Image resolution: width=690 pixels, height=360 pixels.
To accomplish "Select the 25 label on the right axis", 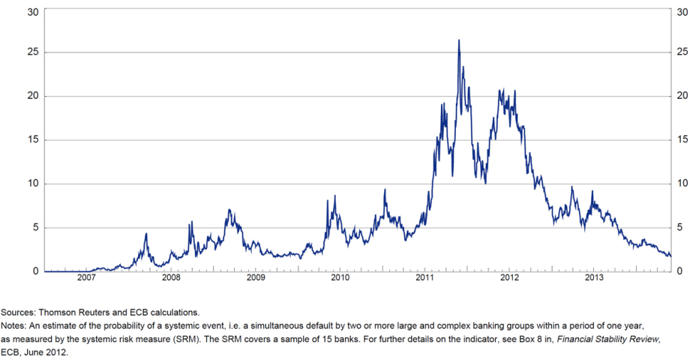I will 681,52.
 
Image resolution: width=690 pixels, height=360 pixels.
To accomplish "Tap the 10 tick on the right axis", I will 681,184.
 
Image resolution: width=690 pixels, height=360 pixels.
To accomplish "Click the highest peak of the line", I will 458,40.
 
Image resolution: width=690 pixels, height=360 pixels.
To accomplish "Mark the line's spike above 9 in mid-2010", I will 385,190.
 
